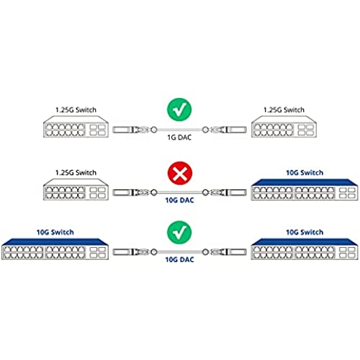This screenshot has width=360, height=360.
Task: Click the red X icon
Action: click(x=180, y=174)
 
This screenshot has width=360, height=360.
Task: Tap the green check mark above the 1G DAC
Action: click(x=179, y=109)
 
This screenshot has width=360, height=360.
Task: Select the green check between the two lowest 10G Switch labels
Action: click(x=179, y=233)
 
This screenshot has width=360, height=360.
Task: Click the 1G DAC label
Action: click(x=179, y=138)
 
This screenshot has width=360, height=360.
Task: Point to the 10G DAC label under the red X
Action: click(x=179, y=200)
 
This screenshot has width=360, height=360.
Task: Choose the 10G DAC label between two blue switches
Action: click(x=179, y=260)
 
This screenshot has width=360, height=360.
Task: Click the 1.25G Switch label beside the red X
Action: click(x=76, y=173)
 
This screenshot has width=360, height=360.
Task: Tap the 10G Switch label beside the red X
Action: click(x=305, y=173)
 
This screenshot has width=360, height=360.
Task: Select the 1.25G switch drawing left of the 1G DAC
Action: click(x=76, y=127)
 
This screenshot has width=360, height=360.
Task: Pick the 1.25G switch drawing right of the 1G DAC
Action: click(x=284, y=127)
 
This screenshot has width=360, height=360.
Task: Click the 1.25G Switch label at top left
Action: click(x=76, y=110)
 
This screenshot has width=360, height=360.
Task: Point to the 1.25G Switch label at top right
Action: click(x=284, y=110)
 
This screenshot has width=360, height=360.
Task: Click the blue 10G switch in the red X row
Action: click(x=305, y=189)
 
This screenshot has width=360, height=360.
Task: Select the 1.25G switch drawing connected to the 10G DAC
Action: click(x=76, y=189)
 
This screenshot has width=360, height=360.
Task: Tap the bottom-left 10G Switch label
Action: click(x=55, y=232)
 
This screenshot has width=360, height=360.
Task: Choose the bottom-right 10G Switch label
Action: click(x=305, y=232)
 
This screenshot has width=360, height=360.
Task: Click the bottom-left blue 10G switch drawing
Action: click(x=55, y=249)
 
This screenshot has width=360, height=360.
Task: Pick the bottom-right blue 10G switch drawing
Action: click(x=305, y=249)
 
